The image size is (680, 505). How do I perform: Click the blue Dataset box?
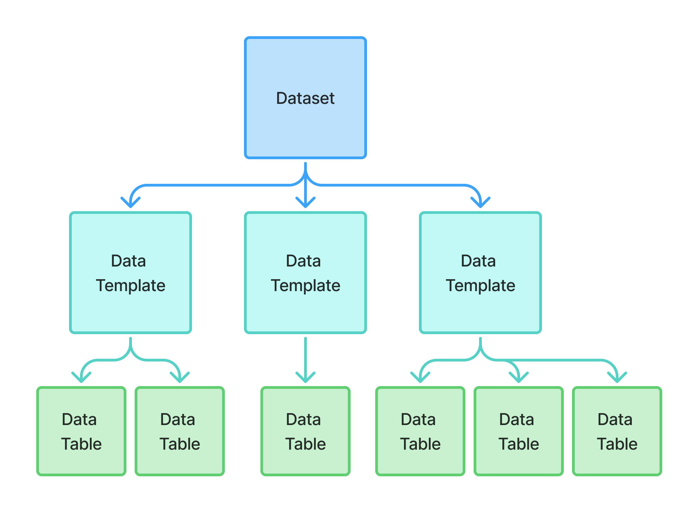tap(305, 98)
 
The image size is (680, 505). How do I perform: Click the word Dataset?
tap(305, 98)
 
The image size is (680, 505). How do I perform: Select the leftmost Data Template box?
tap(130, 273)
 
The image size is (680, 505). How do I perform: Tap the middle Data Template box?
tap(305, 273)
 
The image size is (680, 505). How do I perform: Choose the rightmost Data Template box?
tap(480, 273)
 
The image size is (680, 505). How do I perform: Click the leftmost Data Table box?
tap(81, 431)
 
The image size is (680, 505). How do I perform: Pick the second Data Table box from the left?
tap(179, 431)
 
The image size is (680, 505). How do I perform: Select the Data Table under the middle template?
tap(305, 431)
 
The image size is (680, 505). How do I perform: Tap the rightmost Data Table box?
tap(617, 431)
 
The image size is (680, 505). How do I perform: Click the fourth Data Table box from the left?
tap(420, 431)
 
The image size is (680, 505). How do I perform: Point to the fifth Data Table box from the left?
tap(518, 431)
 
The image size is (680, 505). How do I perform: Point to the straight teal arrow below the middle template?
tap(305, 360)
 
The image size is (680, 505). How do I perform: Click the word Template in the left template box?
tap(131, 286)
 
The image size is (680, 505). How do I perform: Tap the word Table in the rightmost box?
tap(617, 444)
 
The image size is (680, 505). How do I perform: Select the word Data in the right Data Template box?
tap(478, 261)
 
